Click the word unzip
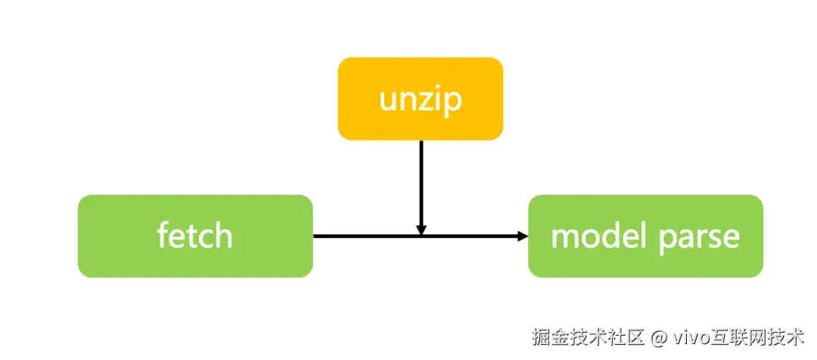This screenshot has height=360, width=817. click(x=420, y=100)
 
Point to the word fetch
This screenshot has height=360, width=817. click(x=195, y=236)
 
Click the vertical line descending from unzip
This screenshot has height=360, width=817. click(x=421, y=182)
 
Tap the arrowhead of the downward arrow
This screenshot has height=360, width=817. click(x=421, y=229)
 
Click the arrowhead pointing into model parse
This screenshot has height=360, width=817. click(x=522, y=236)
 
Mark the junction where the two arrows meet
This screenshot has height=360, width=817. click(x=421, y=236)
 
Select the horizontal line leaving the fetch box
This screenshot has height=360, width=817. click(x=363, y=236)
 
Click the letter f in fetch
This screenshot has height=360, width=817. click(x=162, y=234)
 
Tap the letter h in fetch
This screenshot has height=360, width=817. click(x=222, y=235)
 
